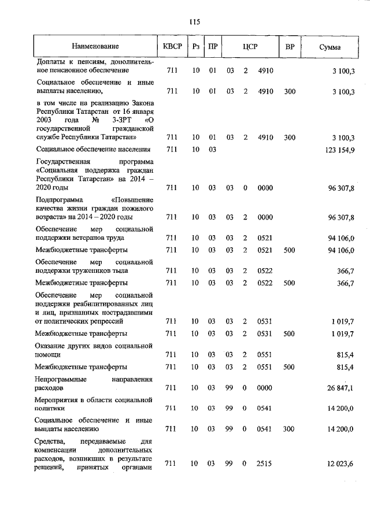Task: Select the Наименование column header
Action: (x=95, y=46)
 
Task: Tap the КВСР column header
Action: (x=172, y=46)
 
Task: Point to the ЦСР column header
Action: (x=250, y=46)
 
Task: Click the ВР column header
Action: (x=289, y=46)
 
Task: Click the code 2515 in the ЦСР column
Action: (x=266, y=463)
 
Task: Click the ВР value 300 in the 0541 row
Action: (x=290, y=429)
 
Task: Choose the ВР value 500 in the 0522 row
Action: (x=290, y=283)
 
